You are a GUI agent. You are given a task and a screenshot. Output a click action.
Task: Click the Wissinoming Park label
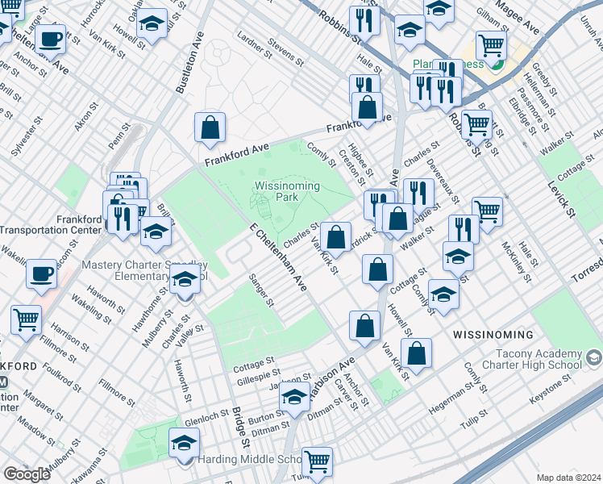pos(287,191)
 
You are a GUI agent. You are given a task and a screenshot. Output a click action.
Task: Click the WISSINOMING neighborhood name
pos(493,334)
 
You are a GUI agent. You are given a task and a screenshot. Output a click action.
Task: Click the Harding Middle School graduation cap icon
pos(184,442)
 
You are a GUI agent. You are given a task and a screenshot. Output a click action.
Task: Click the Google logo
pos(27,474)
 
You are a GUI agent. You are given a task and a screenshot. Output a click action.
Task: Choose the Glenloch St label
pos(206,419)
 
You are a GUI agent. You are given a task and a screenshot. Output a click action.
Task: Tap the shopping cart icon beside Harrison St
pos(27,319)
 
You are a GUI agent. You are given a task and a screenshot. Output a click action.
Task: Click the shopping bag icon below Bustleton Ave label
pos(210,127)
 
